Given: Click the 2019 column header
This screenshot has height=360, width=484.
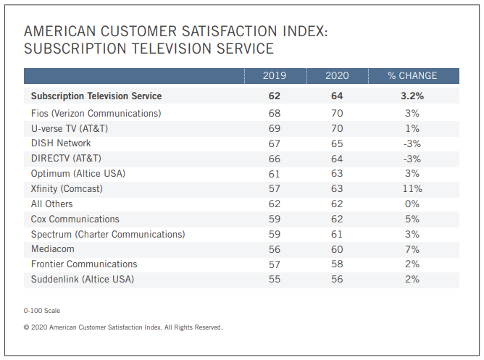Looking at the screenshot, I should point(275,75).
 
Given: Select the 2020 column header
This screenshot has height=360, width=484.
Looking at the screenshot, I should point(337,75).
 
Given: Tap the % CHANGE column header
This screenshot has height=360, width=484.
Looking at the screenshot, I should point(412,75).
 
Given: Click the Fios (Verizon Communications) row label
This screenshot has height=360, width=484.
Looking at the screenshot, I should point(96,113).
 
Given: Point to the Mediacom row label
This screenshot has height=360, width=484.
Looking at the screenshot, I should point(54,249).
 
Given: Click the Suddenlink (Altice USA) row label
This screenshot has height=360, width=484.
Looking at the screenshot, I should point(83,279).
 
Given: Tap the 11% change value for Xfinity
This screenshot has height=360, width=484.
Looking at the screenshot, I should point(412,188).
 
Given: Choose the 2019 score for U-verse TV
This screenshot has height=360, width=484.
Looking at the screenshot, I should point(275,128).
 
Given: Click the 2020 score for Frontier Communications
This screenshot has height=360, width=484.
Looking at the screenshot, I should point(337,264).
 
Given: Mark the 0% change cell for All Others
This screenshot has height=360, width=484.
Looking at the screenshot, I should point(412,204).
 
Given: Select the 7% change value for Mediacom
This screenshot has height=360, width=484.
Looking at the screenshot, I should point(412,249).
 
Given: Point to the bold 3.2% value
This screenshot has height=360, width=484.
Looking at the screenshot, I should point(412,96).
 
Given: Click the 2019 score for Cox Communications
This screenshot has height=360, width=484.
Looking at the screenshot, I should point(275,219).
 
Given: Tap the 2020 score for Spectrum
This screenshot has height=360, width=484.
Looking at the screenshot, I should point(337,234).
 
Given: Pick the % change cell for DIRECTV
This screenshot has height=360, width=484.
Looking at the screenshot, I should point(412,158).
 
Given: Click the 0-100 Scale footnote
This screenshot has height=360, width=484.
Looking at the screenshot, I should point(42,310).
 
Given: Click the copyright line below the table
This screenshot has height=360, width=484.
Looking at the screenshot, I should point(123,327).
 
